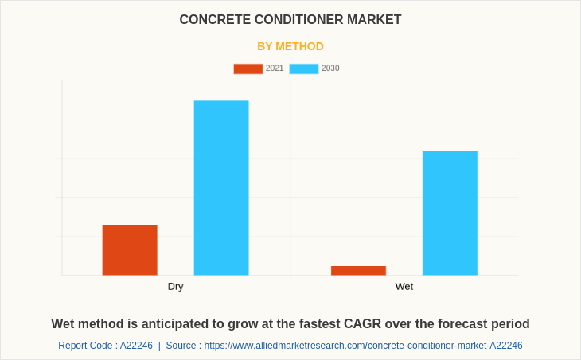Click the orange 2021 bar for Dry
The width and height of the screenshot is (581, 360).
130,250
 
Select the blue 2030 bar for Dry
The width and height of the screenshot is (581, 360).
221,188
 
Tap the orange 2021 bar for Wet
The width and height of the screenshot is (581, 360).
358,271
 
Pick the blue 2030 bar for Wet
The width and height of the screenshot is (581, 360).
450,213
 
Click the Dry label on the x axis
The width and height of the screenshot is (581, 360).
175,287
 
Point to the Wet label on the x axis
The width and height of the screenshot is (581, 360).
404,287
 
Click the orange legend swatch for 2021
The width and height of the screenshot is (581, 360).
248,68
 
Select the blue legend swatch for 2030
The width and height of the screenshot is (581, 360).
303,68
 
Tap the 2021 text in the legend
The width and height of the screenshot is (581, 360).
275,68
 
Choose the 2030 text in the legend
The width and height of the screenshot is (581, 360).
330,68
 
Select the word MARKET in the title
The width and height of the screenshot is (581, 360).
376,20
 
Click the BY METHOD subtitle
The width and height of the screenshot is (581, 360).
290,46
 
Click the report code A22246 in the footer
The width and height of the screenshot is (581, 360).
136,346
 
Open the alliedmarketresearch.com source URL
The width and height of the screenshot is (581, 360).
363,346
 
